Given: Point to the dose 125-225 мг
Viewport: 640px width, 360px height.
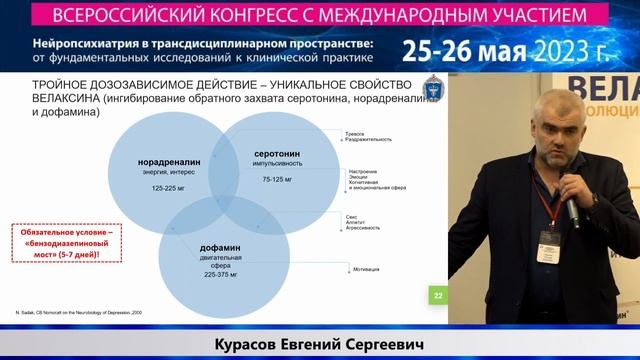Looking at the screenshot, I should [170, 187].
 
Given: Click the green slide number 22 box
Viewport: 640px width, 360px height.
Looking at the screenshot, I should [437, 295].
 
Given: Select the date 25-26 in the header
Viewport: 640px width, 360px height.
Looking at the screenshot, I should [439, 51].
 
